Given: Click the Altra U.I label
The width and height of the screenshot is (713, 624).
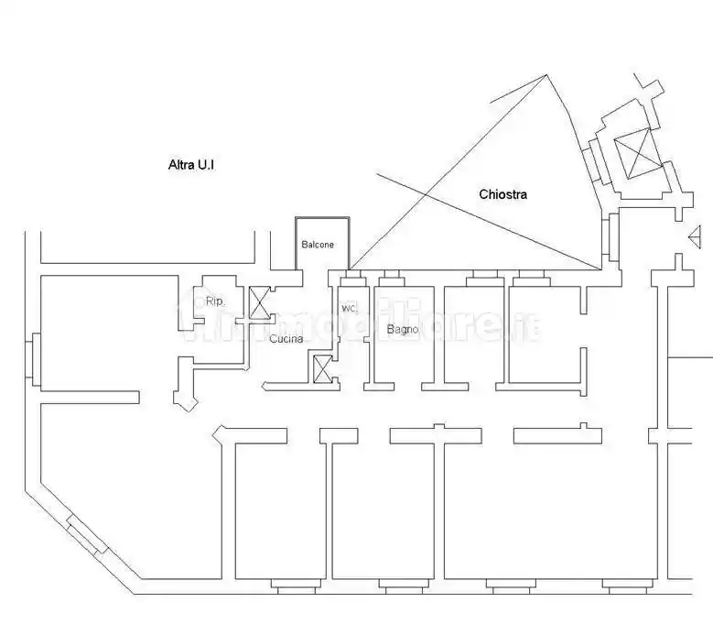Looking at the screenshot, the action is click(x=191, y=164).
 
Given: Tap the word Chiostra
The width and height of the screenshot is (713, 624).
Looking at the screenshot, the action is click(x=502, y=194).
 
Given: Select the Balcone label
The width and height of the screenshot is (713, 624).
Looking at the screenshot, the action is click(x=318, y=245).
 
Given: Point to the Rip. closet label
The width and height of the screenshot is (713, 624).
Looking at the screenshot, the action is click(x=214, y=301).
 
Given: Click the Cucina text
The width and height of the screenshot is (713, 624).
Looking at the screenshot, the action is click(x=286, y=339).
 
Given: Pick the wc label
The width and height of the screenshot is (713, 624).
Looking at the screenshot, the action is click(x=350, y=308).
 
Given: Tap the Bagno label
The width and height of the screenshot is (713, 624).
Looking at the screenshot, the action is click(x=403, y=329).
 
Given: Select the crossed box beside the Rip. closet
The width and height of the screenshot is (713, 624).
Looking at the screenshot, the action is click(x=259, y=302).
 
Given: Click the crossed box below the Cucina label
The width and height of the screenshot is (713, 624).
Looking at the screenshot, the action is click(x=323, y=369).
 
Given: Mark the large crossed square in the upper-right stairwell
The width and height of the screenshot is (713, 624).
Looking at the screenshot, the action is click(x=637, y=153).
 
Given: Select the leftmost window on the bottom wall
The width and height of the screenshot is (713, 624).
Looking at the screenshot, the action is click(x=298, y=586).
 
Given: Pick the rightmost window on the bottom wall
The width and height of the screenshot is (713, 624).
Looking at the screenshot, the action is click(x=628, y=586).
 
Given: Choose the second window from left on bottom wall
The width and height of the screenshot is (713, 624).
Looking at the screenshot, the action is click(x=404, y=586).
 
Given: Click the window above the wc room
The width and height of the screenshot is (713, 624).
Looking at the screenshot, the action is click(x=353, y=278).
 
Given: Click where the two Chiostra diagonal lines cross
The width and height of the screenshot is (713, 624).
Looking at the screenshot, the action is click(x=426, y=195).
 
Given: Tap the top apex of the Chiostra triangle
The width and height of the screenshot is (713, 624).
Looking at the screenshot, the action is click(x=546, y=75).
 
